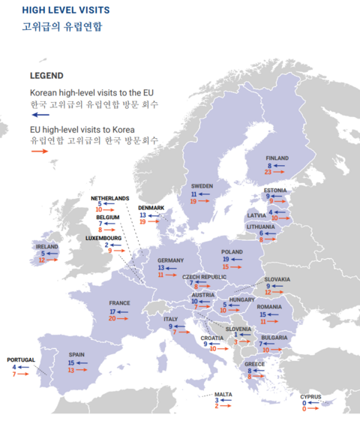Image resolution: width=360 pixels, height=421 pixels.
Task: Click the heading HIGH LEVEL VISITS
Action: [66, 11]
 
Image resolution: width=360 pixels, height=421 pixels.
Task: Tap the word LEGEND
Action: [46, 76]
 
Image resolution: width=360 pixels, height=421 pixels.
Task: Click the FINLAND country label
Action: [277, 158]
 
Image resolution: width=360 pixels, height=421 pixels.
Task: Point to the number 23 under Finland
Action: [268, 173]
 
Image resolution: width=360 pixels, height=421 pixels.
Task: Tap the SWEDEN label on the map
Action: [202, 185]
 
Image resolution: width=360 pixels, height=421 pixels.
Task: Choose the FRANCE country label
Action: [119, 303]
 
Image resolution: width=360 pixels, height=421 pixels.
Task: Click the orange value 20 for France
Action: [112, 318]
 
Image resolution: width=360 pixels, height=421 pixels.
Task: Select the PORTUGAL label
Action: [21, 359]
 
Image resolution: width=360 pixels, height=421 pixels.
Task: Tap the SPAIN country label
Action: [77, 354]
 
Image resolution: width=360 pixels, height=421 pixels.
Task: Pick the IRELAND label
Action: [46, 245]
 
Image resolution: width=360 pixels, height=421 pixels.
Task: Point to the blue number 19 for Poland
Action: [225, 259]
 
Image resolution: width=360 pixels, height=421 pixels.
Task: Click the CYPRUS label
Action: [310, 396]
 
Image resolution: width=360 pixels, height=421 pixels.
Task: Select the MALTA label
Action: [223, 393]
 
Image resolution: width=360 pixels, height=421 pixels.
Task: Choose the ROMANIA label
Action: [269, 307]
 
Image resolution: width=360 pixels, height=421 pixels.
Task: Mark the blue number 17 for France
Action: [113, 311]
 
